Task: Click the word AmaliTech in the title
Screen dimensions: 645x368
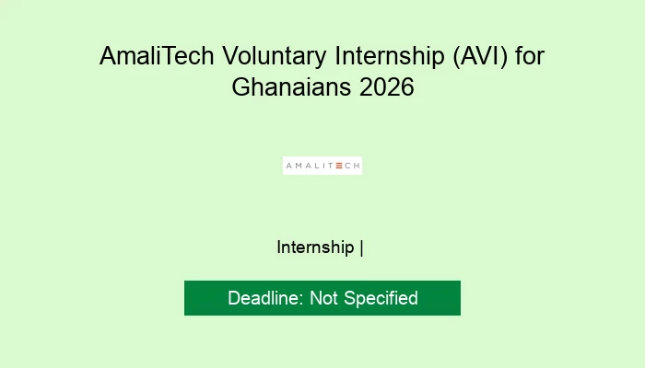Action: [157, 56]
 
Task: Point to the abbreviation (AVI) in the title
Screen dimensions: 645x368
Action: [480, 57]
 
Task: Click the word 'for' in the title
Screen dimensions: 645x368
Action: [530, 56]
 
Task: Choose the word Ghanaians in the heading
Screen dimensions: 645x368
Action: [291, 87]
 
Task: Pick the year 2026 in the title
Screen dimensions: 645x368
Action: [386, 87]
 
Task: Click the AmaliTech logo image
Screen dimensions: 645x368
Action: [322, 166]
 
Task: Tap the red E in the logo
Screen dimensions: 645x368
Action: [339, 166]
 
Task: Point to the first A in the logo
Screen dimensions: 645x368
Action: [289, 166]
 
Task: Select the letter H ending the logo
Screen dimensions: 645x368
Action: [358, 166]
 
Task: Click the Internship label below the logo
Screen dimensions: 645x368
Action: [315, 247]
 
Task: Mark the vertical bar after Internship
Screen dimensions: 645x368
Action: [361, 248]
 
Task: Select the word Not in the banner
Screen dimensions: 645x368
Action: [323, 298]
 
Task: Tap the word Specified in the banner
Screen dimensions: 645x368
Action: [381, 299]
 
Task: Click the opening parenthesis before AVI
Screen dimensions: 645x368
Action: [457, 57]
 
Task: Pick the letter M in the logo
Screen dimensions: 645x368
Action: [299, 166]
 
